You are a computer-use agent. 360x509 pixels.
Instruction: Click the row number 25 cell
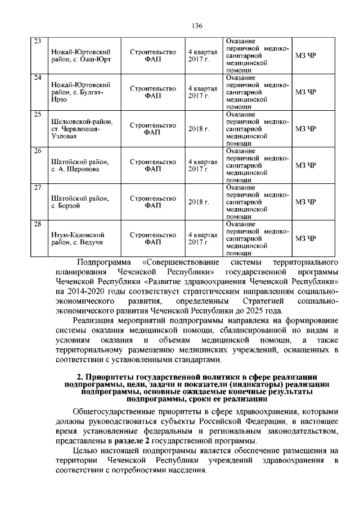(38, 115)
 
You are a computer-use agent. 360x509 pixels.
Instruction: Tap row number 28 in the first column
(38, 224)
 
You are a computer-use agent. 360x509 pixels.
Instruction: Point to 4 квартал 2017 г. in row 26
(202, 165)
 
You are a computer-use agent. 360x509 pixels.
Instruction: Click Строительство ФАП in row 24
(152, 92)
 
